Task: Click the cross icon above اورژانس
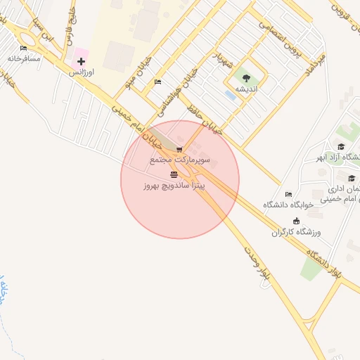[x=82, y=62]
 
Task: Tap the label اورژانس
[x=82, y=72]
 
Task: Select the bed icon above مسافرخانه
[x=23, y=49]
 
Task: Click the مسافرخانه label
[x=24, y=58]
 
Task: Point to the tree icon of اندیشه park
[x=246, y=78]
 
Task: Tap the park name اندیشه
[x=246, y=89]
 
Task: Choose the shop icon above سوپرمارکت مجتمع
[x=180, y=149]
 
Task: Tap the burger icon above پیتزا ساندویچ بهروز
[x=174, y=174]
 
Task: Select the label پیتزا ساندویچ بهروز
[x=174, y=185]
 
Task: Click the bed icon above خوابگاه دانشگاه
[x=288, y=194]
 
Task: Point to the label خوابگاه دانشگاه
[x=287, y=205]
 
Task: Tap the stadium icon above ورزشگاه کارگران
[x=295, y=221]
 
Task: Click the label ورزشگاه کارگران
[x=296, y=231]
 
